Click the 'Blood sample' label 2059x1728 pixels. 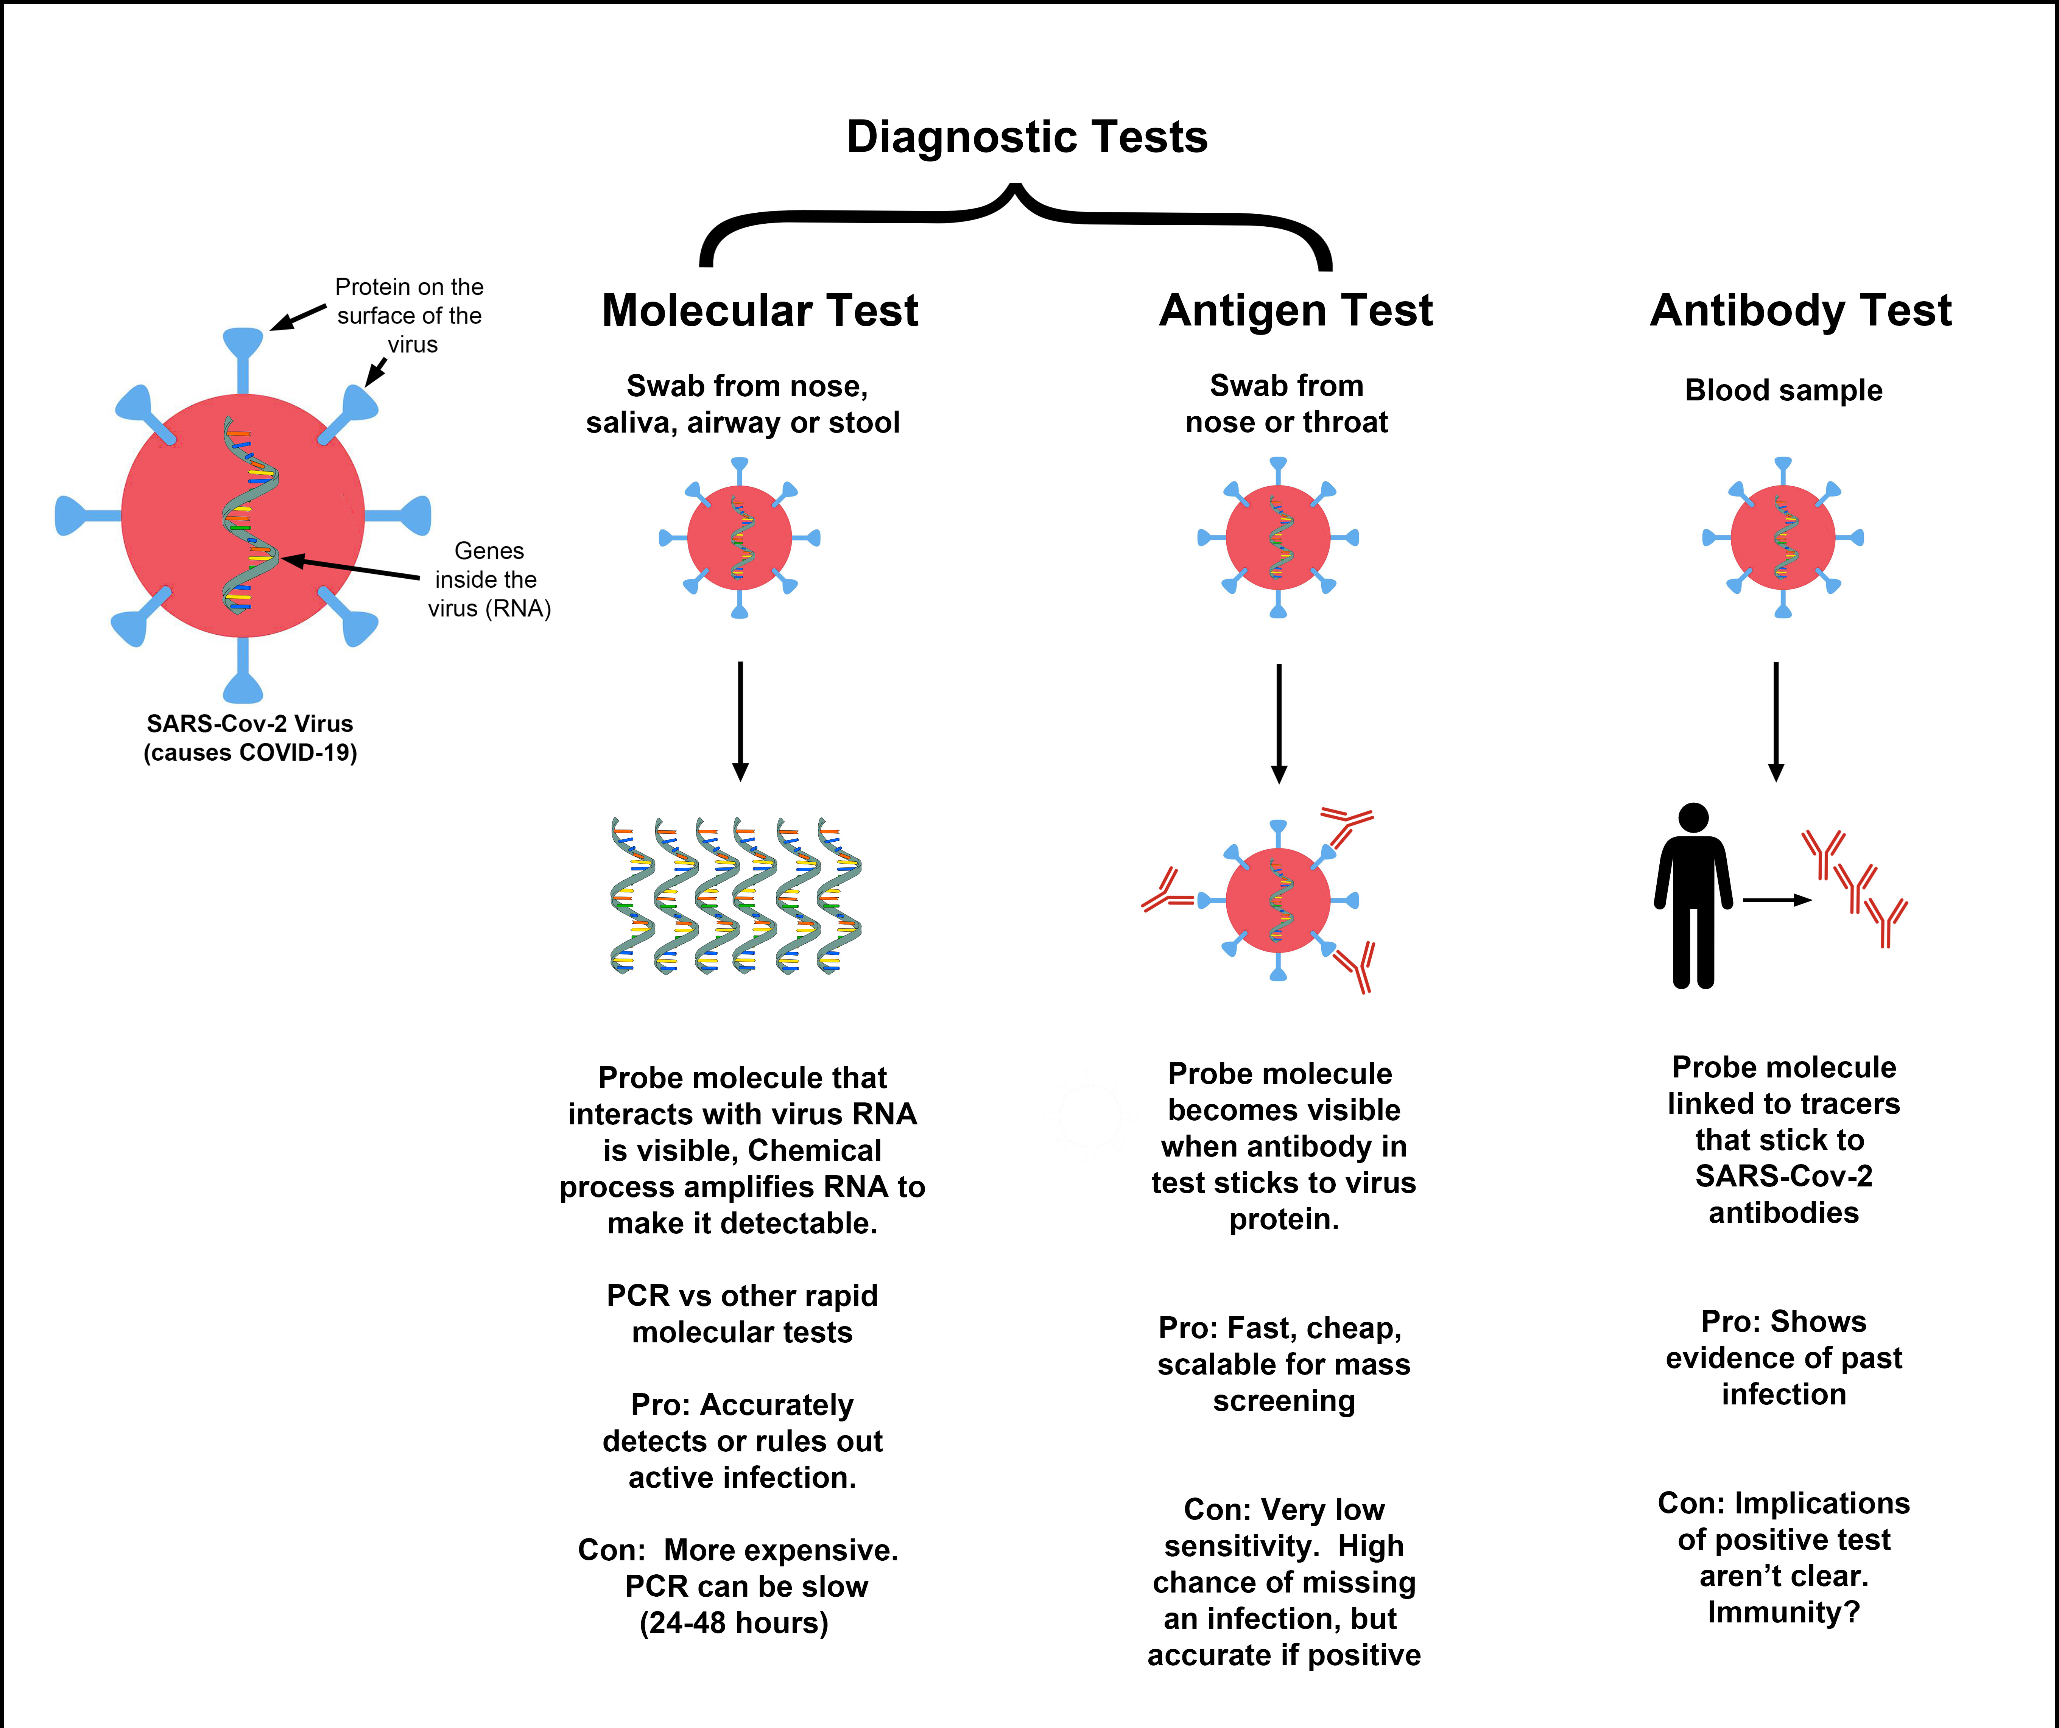click(1783, 390)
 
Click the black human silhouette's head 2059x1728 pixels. click(1693, 817)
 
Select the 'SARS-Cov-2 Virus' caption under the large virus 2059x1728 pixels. click(250, 723)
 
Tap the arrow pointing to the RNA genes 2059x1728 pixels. click(350, 568)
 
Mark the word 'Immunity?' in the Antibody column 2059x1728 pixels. click(1783, 1612)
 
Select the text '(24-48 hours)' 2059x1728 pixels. click(734, 1623)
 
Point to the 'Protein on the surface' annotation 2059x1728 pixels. click(410, 316)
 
